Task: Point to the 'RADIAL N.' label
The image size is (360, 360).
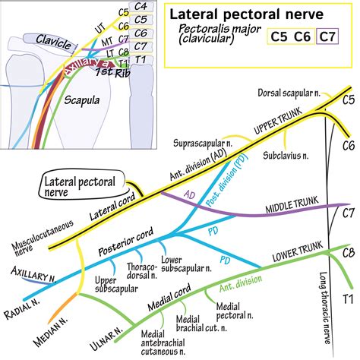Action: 22,295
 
